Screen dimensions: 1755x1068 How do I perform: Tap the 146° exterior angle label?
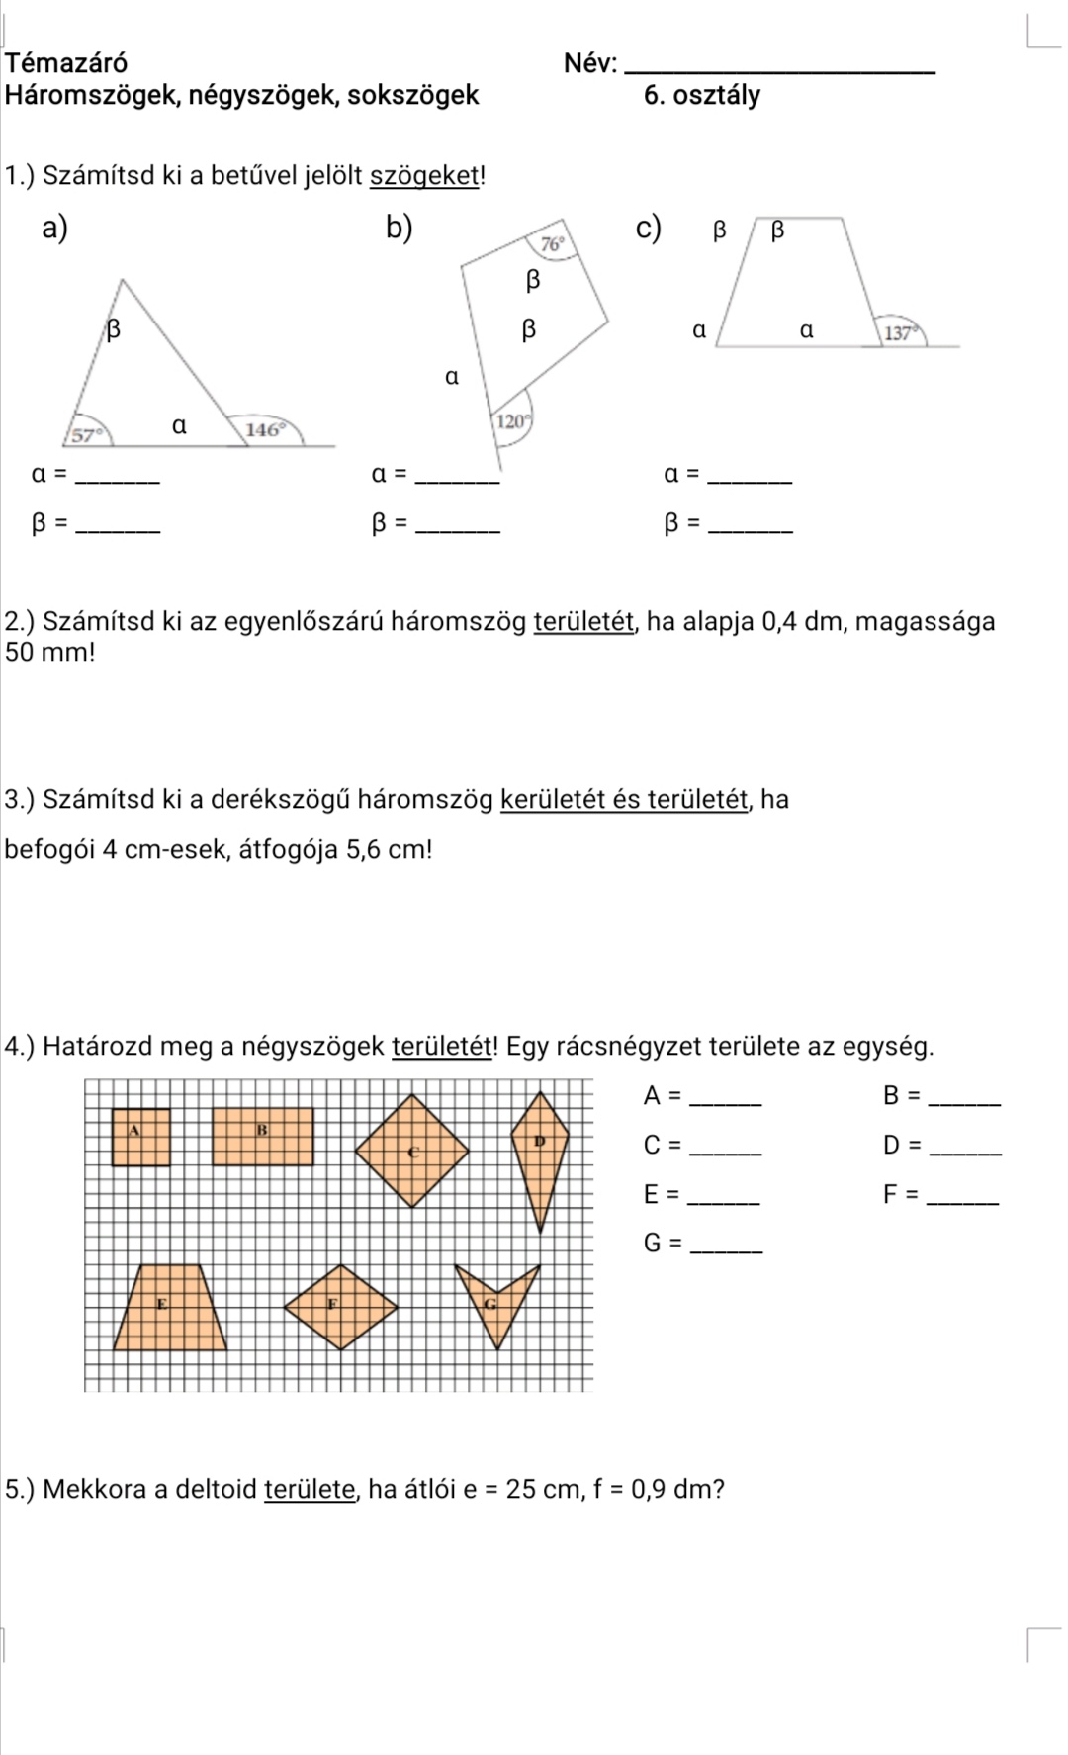[x=265, y=429]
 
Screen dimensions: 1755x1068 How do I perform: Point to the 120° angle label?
[x=511, y=421]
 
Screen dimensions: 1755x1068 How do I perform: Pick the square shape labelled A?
[x=140, y=1139]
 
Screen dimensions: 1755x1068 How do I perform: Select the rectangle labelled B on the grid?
[x=263, y=1138]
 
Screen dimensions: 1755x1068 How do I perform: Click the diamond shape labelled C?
[x=412, y=1151]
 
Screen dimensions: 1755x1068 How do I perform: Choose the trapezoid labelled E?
[x=170, y=1308]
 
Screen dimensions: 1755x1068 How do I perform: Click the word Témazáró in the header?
[x=66, y=63]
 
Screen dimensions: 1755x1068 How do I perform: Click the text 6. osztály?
[x=701, y=96]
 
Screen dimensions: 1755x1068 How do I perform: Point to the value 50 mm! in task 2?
[x=49, y=653]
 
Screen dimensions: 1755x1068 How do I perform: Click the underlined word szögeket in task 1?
[x=424, y=176]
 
